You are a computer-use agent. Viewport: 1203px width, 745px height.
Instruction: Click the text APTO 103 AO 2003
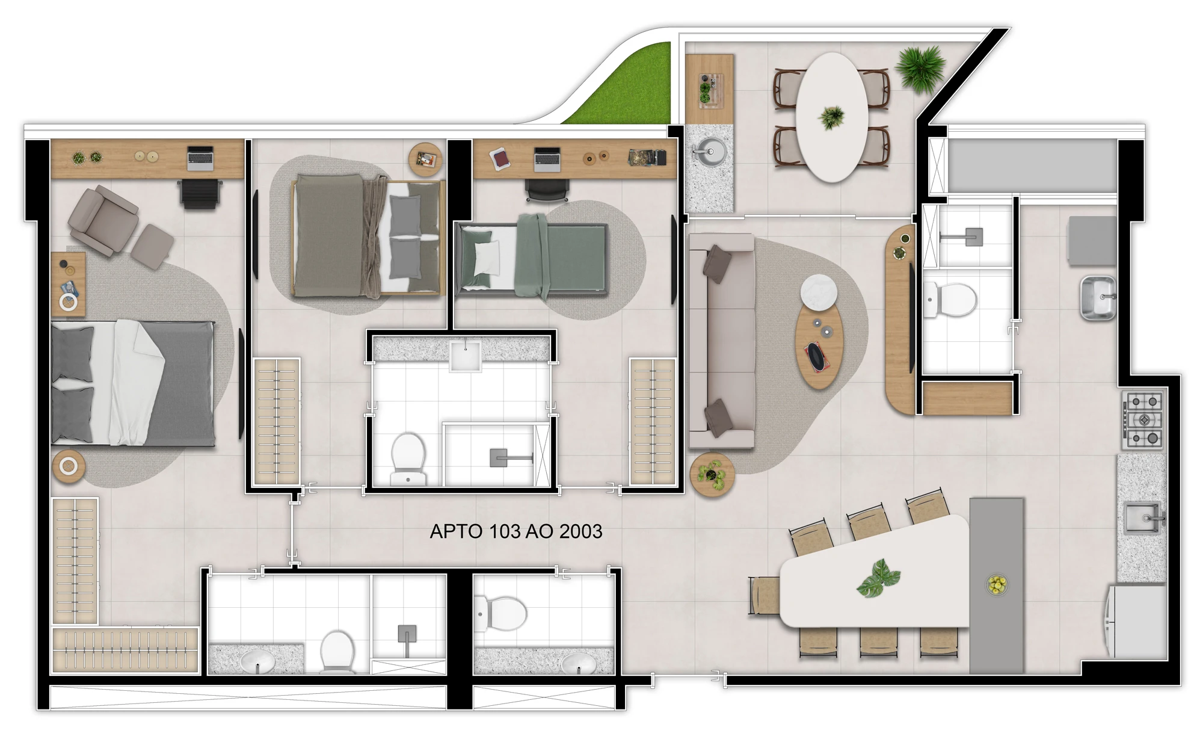(515, 531)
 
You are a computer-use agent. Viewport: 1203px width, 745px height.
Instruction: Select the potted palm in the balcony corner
(920, 67)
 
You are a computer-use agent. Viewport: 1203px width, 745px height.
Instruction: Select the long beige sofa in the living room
(721, 340)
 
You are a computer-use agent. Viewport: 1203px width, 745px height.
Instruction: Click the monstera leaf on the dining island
(879, 578)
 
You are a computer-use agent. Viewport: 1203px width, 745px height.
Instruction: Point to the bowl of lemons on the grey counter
(997, 584)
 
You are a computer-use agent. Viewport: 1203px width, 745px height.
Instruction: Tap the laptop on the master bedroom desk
(200, 156)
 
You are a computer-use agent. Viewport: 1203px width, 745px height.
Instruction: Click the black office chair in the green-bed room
(546, 190)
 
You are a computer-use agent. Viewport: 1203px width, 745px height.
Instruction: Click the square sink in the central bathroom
(465, 355)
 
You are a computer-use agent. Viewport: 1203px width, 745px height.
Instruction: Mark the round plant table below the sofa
(712, 474)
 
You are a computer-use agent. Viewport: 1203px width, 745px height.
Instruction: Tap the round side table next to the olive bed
(425, 159)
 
